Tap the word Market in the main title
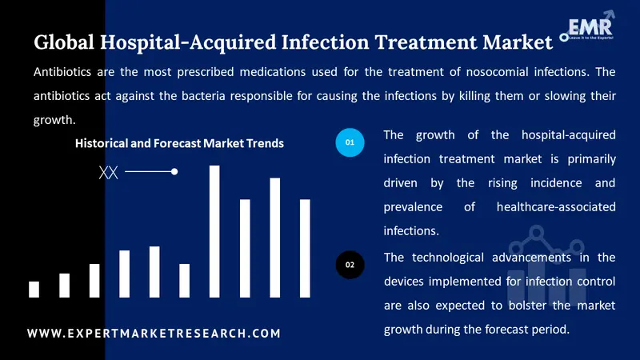coord(505,42)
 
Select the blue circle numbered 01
coord(350,142)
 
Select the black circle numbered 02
coord(350,264)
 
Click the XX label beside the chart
coord(108,172)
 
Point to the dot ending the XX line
coord(174,171)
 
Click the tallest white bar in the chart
coord(214,231)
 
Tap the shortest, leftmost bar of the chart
coord(34,289)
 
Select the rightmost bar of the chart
coord(305,248)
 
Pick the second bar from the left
coord(64,285)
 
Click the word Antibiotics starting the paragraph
coord(67,72)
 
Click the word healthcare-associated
coord(556,206)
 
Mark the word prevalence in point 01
coord(414,206)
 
